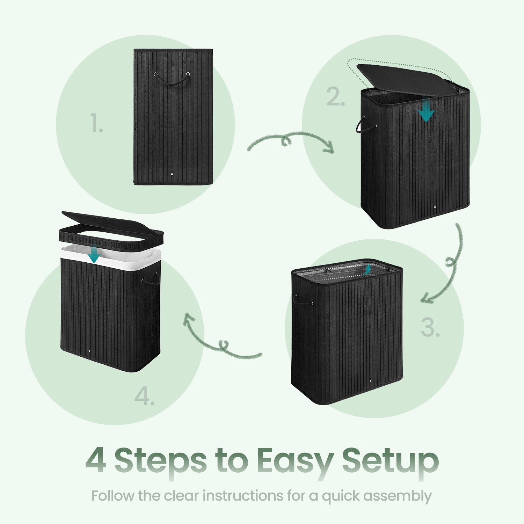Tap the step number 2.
(336, 97)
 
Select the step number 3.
(430, 328)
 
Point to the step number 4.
(144, 397)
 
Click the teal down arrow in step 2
(426, 110)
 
